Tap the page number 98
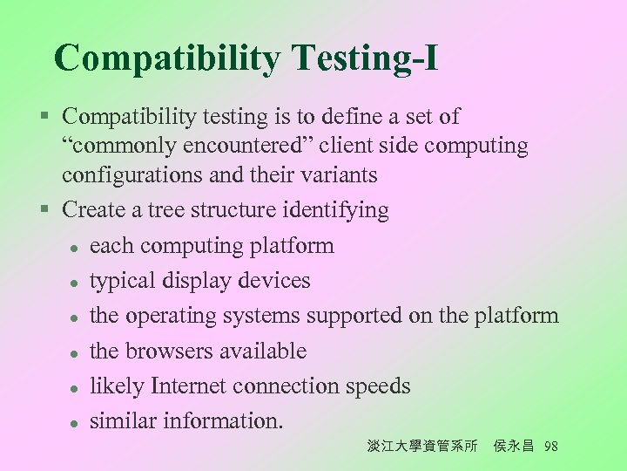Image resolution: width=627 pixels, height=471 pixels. pyautogui.click(x=550, y=447)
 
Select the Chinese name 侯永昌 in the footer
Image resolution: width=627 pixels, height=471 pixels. pyautogui.click(x=514, y=447)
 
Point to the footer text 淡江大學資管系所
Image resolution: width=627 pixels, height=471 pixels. pyautogui.click(x=422, y=447)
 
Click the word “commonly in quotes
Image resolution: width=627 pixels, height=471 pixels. pyautogui.click(x=112, y=146)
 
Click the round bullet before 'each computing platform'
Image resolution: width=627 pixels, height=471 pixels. pyautogui.click(x=76, y=247)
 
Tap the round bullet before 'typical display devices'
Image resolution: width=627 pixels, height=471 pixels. pyautogui.click(x=76, y=282)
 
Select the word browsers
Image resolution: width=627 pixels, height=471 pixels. pyautogui.click(x=167, y=351)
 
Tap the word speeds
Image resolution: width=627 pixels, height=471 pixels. pyautogui.click(x=378, y=386)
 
